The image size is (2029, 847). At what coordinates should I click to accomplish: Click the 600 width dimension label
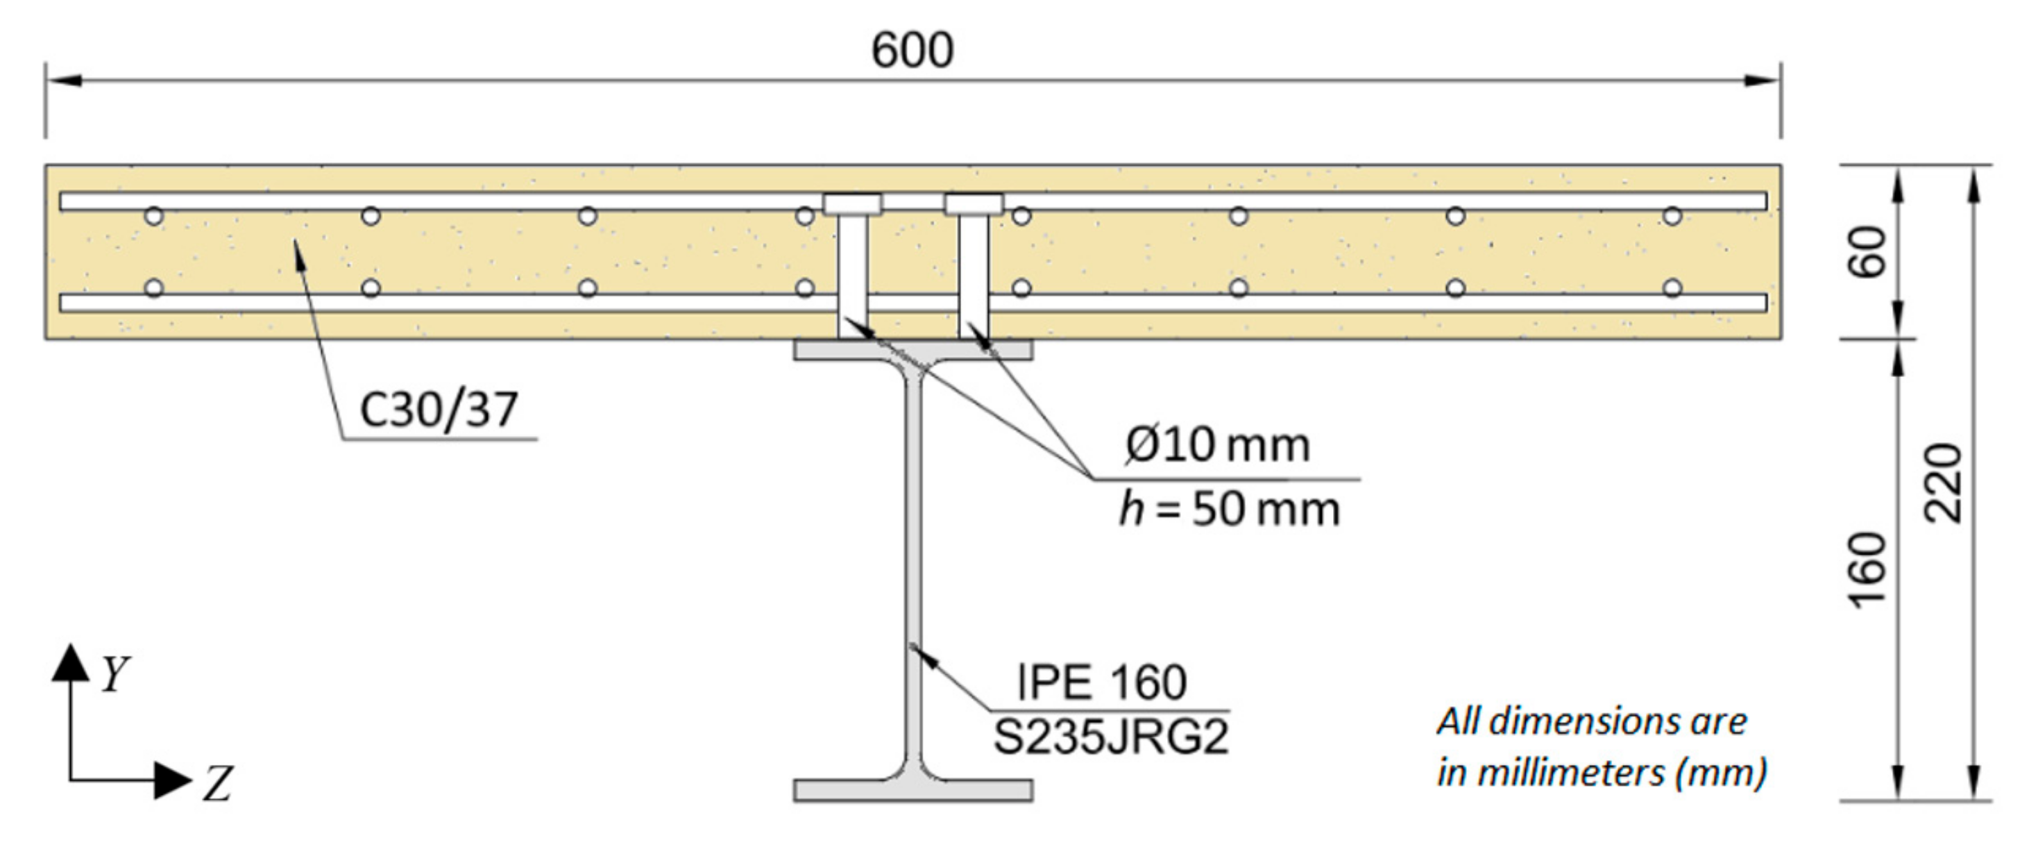point(912,51)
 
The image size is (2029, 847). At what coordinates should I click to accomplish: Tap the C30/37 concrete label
point(439,410)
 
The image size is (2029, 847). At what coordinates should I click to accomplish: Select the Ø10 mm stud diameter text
point(1218,445)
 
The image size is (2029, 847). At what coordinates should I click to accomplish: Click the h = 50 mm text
point(1229,509)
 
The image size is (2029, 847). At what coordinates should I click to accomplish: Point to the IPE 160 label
point(1101,682)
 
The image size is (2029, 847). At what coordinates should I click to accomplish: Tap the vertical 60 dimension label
point(1867,252)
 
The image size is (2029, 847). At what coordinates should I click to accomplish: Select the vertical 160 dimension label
point(1867,571)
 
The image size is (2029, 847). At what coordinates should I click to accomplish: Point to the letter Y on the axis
point(115,673)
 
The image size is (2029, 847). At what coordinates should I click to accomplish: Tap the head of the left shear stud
point(852,205)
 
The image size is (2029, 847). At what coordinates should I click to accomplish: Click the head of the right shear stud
point(974,205)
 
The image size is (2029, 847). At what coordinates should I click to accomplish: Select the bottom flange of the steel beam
point(913,790)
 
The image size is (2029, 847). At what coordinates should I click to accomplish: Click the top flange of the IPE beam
point(913,349)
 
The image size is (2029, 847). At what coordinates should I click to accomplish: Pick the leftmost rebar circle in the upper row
point(154,216)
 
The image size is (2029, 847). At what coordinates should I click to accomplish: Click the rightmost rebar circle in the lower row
point(1672,287)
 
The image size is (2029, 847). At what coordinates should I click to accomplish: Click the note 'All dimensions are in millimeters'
point(1601,747)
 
